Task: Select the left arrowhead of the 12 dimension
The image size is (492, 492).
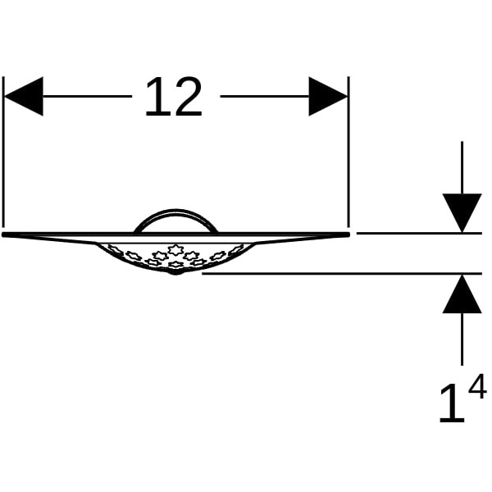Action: point(23,96)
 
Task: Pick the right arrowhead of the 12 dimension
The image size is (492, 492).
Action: point(328,96)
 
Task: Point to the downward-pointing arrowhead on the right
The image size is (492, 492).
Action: point(462,213)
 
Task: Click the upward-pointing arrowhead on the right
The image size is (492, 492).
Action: point(462,294)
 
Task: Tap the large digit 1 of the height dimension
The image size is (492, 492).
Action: point(452,403)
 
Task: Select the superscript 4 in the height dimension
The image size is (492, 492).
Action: point(477,386)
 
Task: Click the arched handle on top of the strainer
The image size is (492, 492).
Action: point(175,210)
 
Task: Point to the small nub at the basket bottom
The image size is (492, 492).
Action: point(175,273)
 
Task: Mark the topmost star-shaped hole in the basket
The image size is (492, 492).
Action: point(175,249)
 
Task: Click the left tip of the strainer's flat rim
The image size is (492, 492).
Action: point(3,235)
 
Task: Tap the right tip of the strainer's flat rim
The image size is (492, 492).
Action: point(348,235)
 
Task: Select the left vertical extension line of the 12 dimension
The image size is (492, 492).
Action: point(3,152)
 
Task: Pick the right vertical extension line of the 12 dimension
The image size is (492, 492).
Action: point(348,152)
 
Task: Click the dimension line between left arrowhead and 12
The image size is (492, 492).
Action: point(87,96)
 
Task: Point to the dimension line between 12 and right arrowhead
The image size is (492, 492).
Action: point(265,96)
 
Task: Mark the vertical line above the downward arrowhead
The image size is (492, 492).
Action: point(462,167)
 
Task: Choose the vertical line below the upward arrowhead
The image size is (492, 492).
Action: point(462,339)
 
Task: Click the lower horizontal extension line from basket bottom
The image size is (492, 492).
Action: point(342,274)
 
